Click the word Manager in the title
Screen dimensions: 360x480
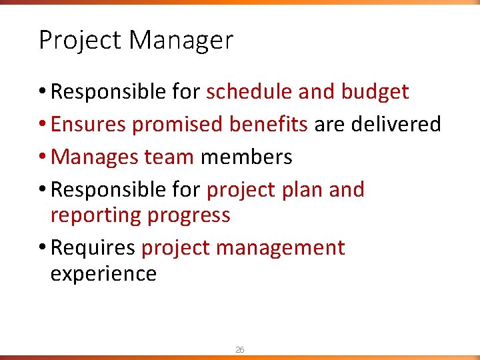pyautogui.click(x=181, y=41)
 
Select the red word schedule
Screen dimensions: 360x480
pyautogui.click(x=249, y=92)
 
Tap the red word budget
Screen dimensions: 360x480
pyautogui.click(x=375, y=92)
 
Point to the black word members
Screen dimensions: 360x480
pyautogui.click(x=246, y=157)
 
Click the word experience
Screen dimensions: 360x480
pyautogui.click(x=103, y=273)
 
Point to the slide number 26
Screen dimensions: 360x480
pyautogui.click(x=239, y=349)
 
